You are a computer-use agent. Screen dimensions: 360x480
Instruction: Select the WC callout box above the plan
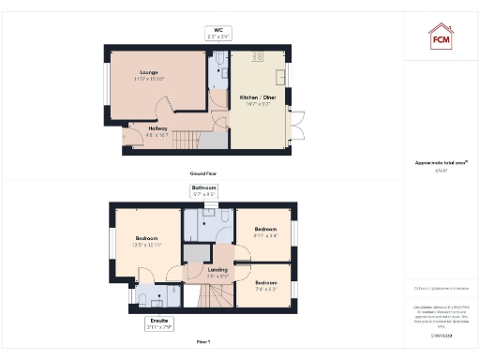[217, 35]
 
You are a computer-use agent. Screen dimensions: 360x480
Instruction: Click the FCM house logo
[440, 37]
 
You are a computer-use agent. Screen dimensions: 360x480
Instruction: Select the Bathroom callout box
[204, 191]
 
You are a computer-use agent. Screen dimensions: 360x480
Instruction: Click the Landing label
[217, 273]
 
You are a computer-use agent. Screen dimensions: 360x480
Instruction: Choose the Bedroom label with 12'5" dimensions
[146, 242]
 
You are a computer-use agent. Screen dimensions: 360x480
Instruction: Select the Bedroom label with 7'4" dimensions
[265, 284]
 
